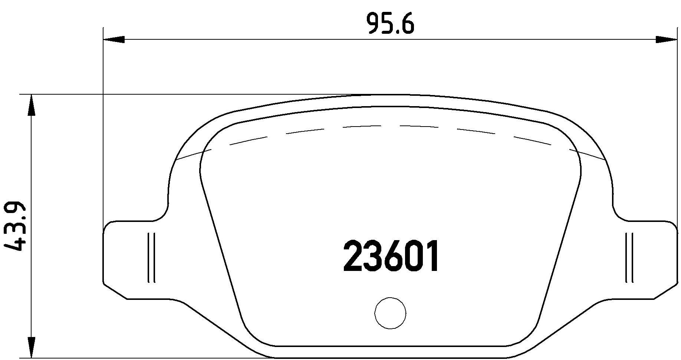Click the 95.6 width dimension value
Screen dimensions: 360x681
[389, 24]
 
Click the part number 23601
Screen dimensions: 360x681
[391, 256]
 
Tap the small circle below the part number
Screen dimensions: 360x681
[390, 313]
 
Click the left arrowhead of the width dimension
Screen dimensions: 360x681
[113, 39]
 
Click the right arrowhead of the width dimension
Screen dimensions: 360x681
[666, 39]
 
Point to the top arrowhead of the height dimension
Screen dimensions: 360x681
[32, 105]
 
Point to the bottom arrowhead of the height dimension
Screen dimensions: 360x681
[32, 347]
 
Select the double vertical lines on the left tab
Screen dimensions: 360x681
[151, 258]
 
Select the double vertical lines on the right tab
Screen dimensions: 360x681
[629, 258]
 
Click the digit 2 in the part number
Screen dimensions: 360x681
[354, 256]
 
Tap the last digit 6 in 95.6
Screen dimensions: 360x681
[407, 24]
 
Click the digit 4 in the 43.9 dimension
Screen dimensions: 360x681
[16, 245]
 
